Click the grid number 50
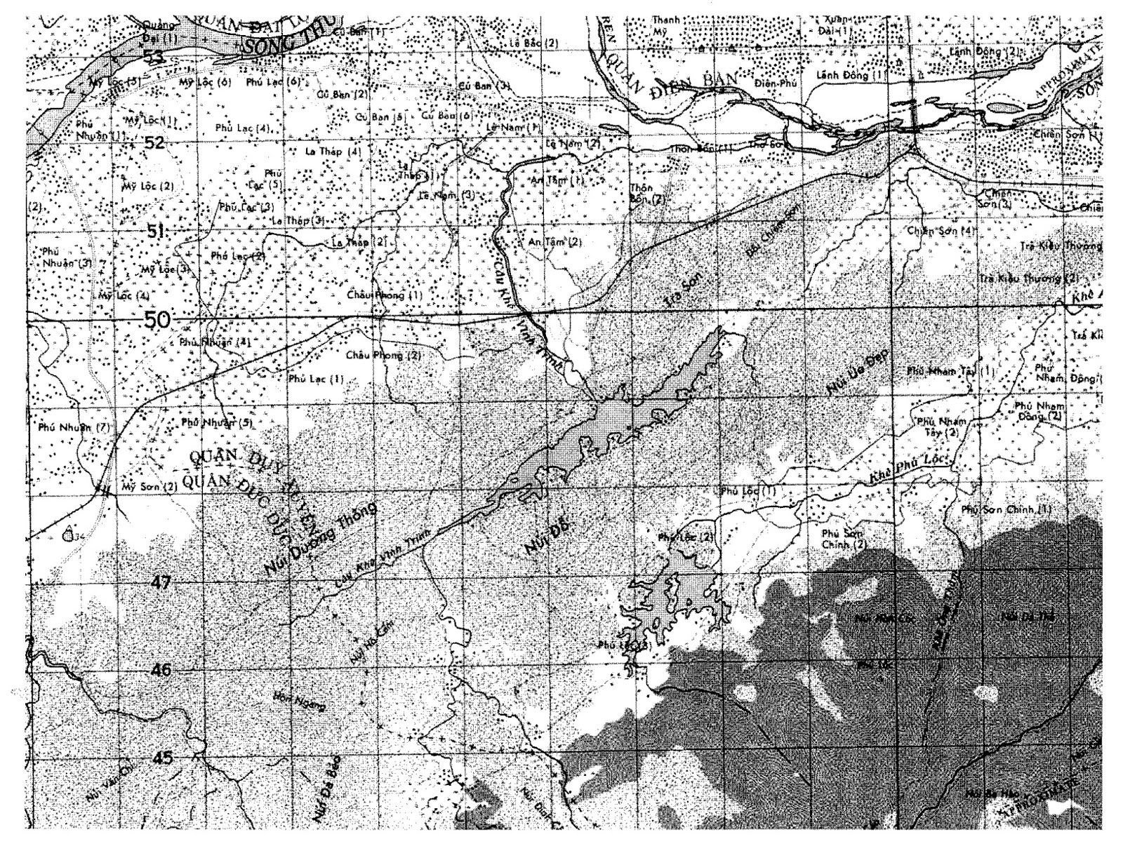tap(157, 320)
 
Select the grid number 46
tap(161, 671)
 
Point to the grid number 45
tap(162, 758)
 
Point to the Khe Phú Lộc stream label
tap(909, 469)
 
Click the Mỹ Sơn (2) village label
tap(148, 485)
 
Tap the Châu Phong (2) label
tap(383, 355)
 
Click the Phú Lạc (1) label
tap(316, 379)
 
